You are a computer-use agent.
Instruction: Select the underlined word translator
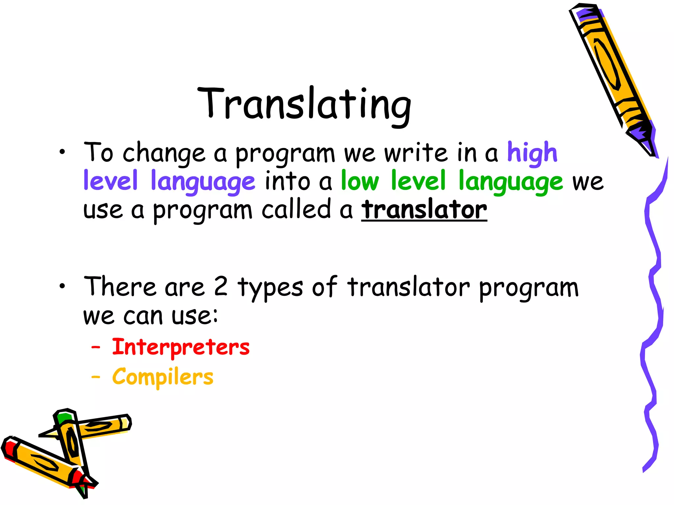click(424, 210)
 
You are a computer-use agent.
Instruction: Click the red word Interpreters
click(181, 348)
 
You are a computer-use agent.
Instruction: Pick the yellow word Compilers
click(163, 377)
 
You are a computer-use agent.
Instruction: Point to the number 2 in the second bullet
click(220, 287)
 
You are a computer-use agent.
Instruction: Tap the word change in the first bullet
click(164, 154)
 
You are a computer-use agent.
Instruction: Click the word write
click(416, 153)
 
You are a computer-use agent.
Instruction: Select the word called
click(296, 210)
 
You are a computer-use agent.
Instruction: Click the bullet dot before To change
click(62, 152)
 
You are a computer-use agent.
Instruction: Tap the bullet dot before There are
click(62, 286)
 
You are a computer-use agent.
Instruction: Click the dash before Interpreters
click(95, 347)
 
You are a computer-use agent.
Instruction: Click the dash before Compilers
click(95, 377)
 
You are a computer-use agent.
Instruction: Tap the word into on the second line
click(287, 181)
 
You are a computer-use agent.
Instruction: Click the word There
click(119, 287)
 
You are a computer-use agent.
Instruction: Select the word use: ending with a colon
click(194, 316)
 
